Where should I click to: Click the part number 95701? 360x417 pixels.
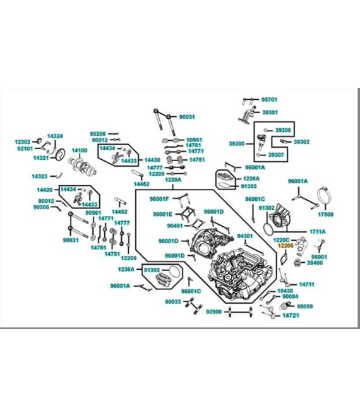click(270, 99)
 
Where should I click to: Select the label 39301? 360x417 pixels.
click(270, 112)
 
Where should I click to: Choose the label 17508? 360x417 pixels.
click(326, 214)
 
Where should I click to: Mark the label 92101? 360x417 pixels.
click(25, 148)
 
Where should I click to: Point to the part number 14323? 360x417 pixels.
click(40, 176)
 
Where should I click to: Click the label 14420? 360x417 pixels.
click(44, 190)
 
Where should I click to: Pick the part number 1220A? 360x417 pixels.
click(173, 179)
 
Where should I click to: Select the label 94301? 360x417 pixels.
click(244, 236)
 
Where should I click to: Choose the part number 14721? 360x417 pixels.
click(290, 315)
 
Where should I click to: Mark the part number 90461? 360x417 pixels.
click(175, 226)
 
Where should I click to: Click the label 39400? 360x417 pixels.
click(315, 263)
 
